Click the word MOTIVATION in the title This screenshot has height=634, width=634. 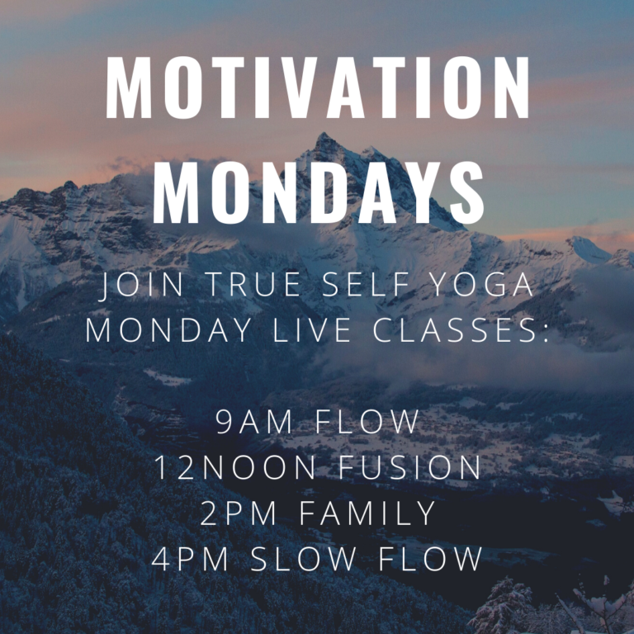(317, 88)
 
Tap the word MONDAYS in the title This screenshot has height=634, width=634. (317, 193)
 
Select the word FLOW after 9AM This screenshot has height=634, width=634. (367, 422)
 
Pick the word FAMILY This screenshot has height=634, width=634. (368, 513)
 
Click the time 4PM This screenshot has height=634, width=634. (190, 559)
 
